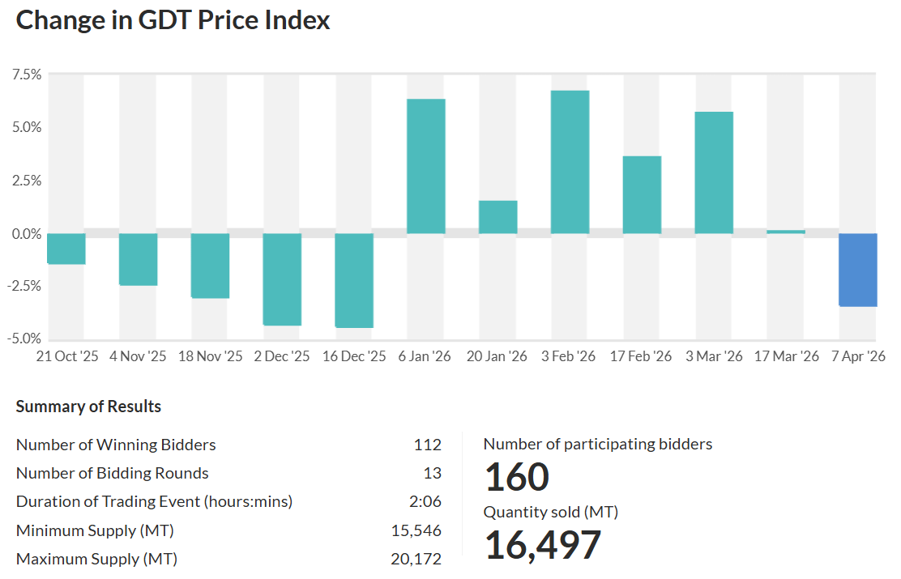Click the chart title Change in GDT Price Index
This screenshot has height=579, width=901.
[x=173, y=20]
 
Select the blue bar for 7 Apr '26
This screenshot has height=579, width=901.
[x=857, y=270]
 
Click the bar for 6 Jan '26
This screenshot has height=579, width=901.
[x=425, y=166]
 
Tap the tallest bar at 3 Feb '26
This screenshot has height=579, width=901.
[x=570, y=162]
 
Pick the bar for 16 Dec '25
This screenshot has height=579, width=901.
[x=354, y=280]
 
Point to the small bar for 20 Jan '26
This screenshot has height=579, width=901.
[x=497, y=217]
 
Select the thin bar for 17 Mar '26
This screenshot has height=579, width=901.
[x=786, y=232]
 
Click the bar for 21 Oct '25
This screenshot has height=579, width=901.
[x=66, y=249]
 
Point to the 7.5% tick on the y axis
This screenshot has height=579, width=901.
[x=26, y=75]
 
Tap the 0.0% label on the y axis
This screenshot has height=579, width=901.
[x=26, y=234]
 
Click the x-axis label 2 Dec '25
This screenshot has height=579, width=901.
[x=282, y=357]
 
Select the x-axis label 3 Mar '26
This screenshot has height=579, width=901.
[x=714, y=357]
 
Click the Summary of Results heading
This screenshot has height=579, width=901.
[x=88, y=407]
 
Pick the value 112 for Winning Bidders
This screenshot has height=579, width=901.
[x=427, y=445]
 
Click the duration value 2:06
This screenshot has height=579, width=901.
[x=425, y=502]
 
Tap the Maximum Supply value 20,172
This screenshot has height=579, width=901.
[x=416, y=560]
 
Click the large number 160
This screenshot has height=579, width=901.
[x=517, y=477]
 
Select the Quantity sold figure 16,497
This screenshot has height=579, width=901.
[x=543, y=545]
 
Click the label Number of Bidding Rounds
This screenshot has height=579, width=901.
[x=113, y=474]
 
